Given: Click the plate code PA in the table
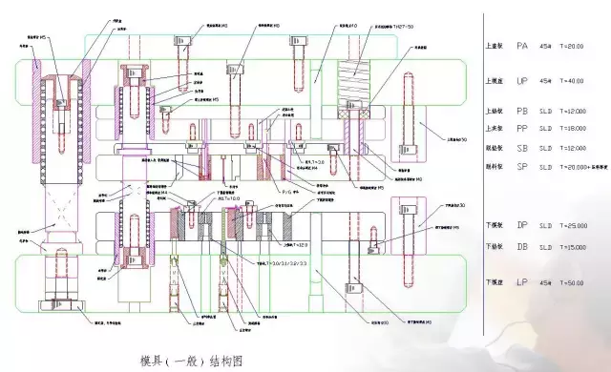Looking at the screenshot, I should (521, 45).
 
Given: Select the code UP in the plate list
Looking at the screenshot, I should (521, 81).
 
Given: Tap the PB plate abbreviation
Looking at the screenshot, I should (521, 111).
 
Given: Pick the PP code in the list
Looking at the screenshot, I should (521, 128).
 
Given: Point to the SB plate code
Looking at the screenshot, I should (521, 148).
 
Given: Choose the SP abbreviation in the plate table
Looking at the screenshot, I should (521, 166).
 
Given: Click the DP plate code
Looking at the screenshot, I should (521, 225).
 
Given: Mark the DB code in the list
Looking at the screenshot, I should (521, 246).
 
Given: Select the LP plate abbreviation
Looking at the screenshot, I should (521, 283).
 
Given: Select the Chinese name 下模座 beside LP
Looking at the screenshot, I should (494, 283).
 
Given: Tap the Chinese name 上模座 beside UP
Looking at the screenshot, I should (494, 81).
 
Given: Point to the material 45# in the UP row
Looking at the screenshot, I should (545, 81).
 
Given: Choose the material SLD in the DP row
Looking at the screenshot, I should (545, 225).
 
